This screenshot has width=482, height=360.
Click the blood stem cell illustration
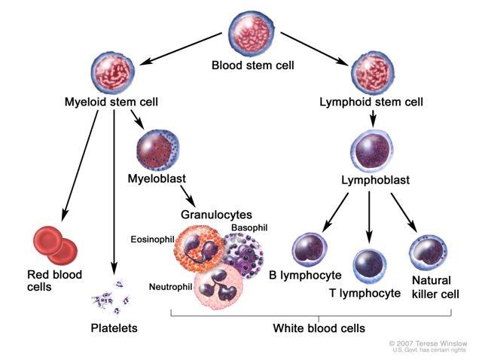point(252,35)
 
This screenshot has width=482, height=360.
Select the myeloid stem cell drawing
point(112,73)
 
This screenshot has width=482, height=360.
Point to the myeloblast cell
point(157,151)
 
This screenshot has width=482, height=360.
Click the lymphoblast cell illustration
point(372,151)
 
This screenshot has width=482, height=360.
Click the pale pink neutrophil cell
point(218,287)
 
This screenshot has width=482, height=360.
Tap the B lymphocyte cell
point(310,249)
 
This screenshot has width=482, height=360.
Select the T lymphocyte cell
point(369,266)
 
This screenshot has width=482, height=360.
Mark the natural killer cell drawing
point(428,253)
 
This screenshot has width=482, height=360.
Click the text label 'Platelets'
point(114,328)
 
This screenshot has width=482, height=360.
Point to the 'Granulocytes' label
point(216,215)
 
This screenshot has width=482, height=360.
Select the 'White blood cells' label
point(319,328)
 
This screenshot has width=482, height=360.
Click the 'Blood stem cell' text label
point(253,66)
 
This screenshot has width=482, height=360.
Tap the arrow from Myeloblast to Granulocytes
point(188,196)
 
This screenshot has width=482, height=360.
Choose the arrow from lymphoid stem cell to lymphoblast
point(373,118)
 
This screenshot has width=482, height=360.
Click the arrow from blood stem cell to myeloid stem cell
point(181,48)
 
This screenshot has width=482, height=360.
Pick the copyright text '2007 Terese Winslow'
point(432,343)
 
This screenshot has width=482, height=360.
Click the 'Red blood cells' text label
point(54,280)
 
